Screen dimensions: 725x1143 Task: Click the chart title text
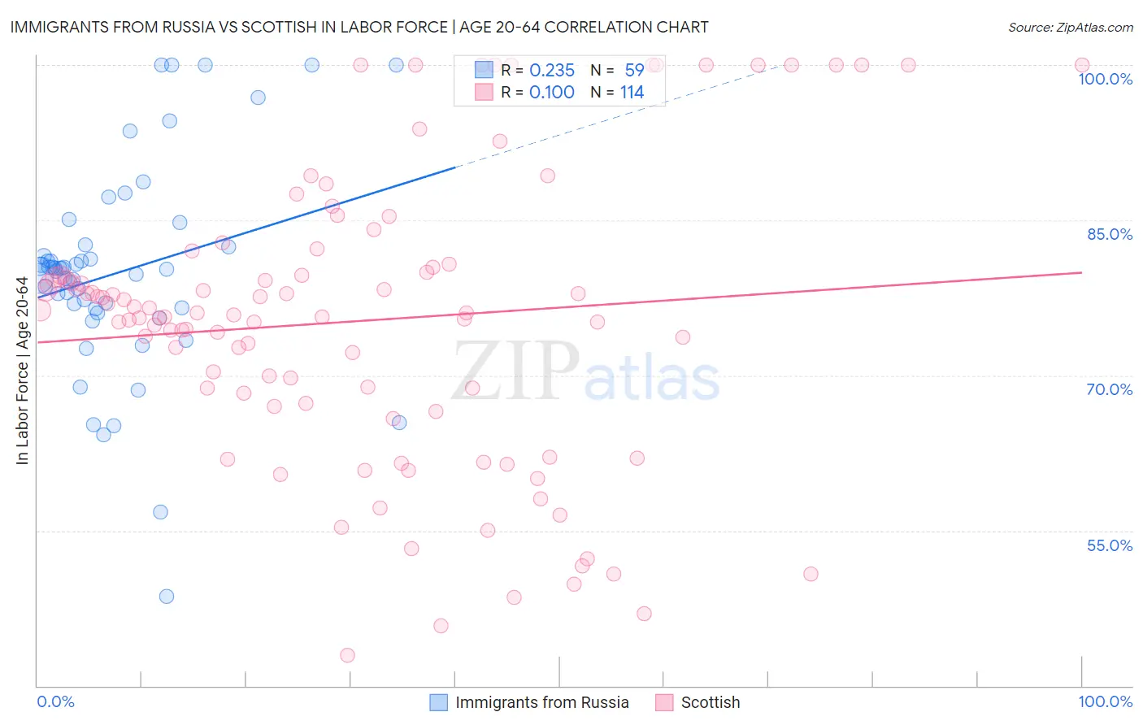pos(359,27)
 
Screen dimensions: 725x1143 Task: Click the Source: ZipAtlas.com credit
pos(1070,27)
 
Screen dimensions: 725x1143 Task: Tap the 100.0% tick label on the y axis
pos(1105,79)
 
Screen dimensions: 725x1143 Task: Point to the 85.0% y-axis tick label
pos(1110,234)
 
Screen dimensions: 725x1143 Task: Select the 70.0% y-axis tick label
pos(1110,389)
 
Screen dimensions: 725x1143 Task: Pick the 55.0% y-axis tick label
pos(1110,545)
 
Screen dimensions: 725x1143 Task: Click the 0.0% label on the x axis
pos(55,701)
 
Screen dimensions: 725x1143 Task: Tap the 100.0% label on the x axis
pos(1105,701)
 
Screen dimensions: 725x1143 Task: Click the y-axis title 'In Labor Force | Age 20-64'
pos(23,371)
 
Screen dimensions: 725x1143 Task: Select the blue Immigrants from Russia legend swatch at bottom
pos(438,702)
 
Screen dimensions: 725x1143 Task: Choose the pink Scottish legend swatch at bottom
pos(664,702)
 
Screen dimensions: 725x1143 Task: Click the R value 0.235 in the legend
pos(552,71)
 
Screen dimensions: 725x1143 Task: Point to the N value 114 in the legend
pos(632,93)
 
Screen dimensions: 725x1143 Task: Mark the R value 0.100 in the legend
pos(552,93)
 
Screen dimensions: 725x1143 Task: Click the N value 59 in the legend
pos(634,71)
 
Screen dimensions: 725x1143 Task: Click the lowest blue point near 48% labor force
pos(167,596)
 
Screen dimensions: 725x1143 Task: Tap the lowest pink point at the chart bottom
pos(347,655)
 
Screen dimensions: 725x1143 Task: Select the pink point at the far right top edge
pos(1082,65)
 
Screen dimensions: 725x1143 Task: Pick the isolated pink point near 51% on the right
pos(811,574)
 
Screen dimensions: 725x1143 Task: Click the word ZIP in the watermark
pos(515,371)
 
